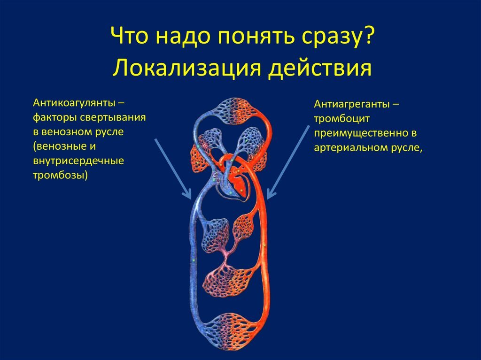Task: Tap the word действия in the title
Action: pyautogui.click(x=319, y=68)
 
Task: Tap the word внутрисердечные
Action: pyautogui.click(x=78, y=161)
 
